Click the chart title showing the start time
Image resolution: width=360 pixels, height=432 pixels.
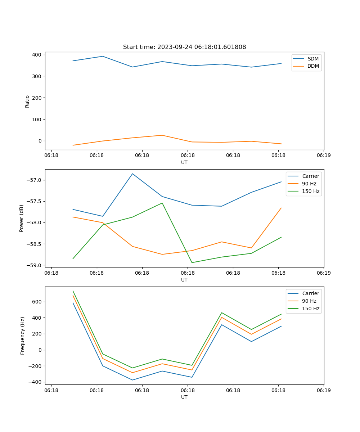coord(184,47)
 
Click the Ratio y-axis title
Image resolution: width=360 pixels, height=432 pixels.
coord(27,101)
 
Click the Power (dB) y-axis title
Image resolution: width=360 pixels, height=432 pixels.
coord(22,218)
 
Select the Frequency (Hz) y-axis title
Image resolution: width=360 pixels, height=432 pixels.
coord(23,336)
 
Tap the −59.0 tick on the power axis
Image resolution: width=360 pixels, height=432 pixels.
coord(35,265)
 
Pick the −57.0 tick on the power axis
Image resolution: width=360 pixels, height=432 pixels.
coord(35,180)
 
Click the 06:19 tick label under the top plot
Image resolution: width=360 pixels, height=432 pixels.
coord(323,155)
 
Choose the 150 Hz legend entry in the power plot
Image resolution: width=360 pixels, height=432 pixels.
coord(310,191)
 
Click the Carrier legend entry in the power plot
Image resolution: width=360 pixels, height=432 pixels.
coord(310,176)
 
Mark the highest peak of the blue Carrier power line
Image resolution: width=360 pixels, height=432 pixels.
coord(132,174)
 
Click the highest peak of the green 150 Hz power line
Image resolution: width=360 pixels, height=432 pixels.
coord(162,203)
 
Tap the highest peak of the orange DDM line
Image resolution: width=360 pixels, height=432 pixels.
coord(162,135)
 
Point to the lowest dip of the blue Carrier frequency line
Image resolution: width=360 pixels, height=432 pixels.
coord(132,380)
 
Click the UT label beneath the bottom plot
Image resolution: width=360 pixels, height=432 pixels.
coord(184,397)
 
